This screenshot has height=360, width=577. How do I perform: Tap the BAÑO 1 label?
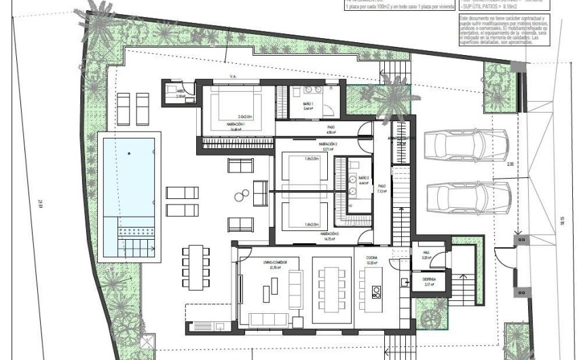click(308, 103)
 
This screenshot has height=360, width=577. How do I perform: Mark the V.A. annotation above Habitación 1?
click(232, 77)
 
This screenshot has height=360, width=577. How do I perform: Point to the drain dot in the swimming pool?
click(129, 154)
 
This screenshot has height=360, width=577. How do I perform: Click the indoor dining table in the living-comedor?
click(332, 281)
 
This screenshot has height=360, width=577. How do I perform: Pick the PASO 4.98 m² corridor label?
click(331, 128)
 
